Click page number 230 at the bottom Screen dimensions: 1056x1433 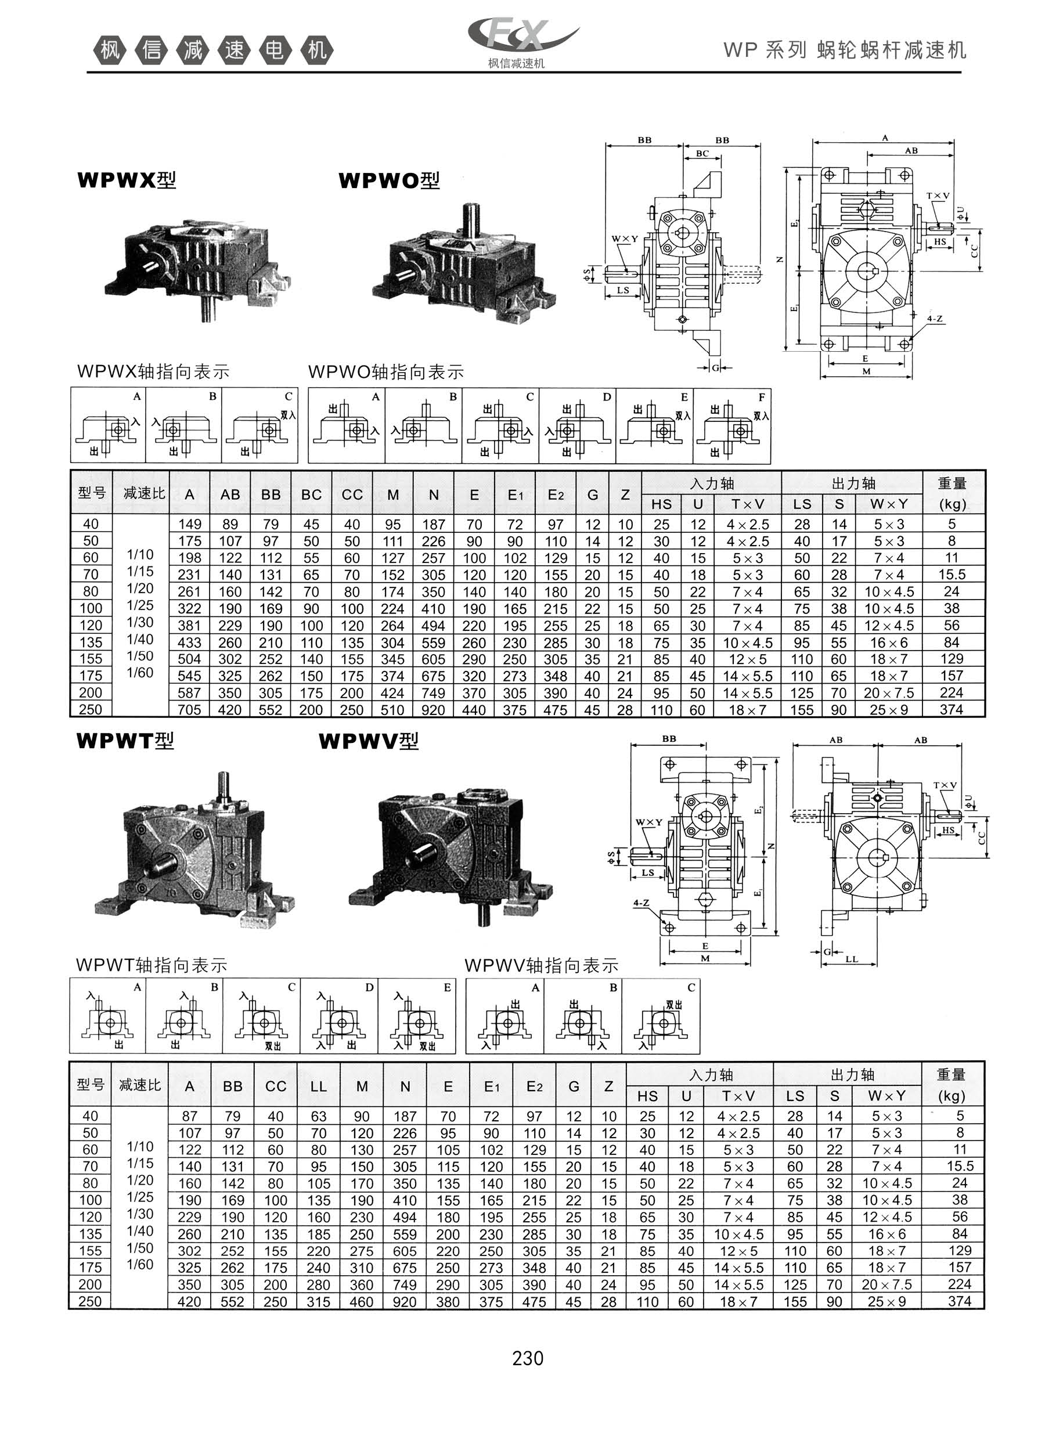(x=527, y=1358)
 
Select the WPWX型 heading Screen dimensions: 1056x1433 (x=126, y=180)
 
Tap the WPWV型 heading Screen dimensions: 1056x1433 (x=369, y=741)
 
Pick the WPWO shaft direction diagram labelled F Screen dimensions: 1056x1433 (x=732, y=426)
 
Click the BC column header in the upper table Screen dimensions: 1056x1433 (x=311, y=494)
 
